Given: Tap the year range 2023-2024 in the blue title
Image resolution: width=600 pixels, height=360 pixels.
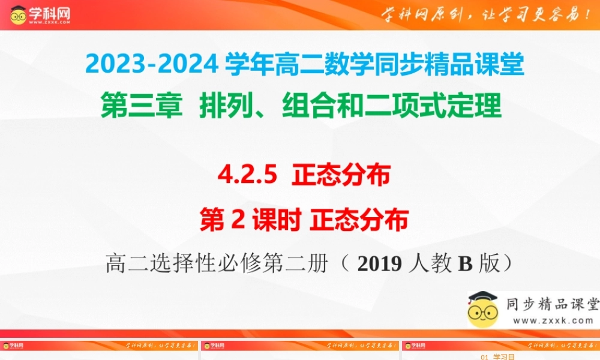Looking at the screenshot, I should (152, 65).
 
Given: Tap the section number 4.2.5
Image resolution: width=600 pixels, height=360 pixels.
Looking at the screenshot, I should (248, 176).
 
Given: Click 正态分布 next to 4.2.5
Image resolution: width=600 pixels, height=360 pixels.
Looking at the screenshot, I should (341, 176).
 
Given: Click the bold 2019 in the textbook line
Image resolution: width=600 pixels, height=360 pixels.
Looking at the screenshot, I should (379, 264).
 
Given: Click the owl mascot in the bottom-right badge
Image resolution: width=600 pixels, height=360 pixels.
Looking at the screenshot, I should (483, 309).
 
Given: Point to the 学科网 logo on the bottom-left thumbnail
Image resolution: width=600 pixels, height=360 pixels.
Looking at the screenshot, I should (13, 346).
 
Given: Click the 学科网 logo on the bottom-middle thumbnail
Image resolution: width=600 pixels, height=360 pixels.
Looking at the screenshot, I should (214, 346).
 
